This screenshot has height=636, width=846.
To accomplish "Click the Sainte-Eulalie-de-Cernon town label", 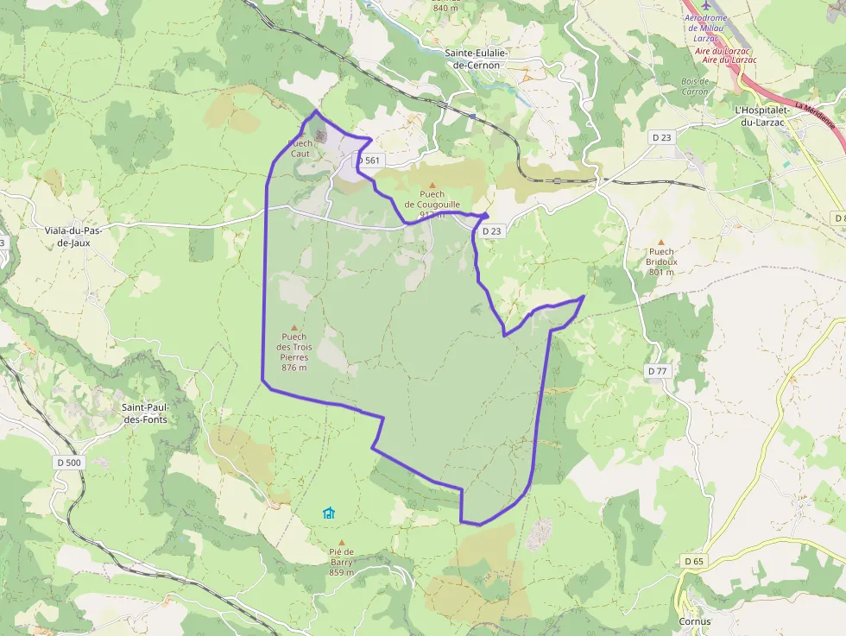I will pos(476,59).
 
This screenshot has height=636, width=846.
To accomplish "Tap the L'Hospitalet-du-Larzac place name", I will pos(759,116).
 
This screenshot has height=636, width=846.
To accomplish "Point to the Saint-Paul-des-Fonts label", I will pos(144,413).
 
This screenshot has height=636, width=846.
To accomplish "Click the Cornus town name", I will pos(695,621).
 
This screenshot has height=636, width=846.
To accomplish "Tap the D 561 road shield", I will pos(368,161).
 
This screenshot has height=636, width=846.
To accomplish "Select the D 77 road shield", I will pos(658,371).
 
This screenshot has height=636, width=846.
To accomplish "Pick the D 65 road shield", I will pos(694,561).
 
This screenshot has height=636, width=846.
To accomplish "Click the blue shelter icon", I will pos(328,513).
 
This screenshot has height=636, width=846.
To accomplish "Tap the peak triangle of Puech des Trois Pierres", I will pos(294,328).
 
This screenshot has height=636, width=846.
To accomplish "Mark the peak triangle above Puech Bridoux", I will pos(662,242).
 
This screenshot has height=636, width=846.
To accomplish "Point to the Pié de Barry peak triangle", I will pos(341,543).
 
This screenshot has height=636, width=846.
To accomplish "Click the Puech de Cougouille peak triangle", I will pos(432,185).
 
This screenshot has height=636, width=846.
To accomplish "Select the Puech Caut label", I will pos(300,148).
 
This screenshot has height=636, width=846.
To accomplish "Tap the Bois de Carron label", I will pos(695,86).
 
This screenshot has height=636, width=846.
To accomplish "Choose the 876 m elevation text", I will pos(294,368).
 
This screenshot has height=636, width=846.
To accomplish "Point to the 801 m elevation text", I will pos(662,272).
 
